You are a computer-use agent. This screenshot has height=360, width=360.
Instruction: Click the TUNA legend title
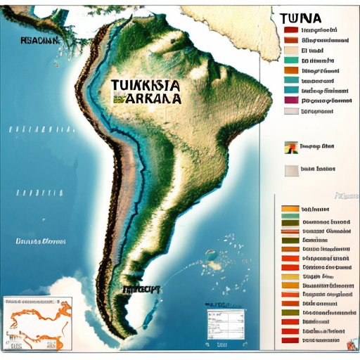pyautogui.click(x=302, y=18)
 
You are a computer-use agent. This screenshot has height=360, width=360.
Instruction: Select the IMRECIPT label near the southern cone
pyautogui.click(x=141, y=289)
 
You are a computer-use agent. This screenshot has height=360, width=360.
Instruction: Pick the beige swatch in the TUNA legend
pyautogui.click(x=292, y=51)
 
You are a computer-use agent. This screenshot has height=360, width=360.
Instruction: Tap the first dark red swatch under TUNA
pyautogui.click(x=292, y=31)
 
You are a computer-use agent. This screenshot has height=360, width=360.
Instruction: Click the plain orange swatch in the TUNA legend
pyautogui.click(x=292, y=70)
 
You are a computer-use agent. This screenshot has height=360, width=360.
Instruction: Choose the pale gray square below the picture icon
pyautogui.click(x=291, y=169)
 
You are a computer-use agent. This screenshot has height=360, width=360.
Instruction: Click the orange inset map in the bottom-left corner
pyautogui.click(x=39, y=323)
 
